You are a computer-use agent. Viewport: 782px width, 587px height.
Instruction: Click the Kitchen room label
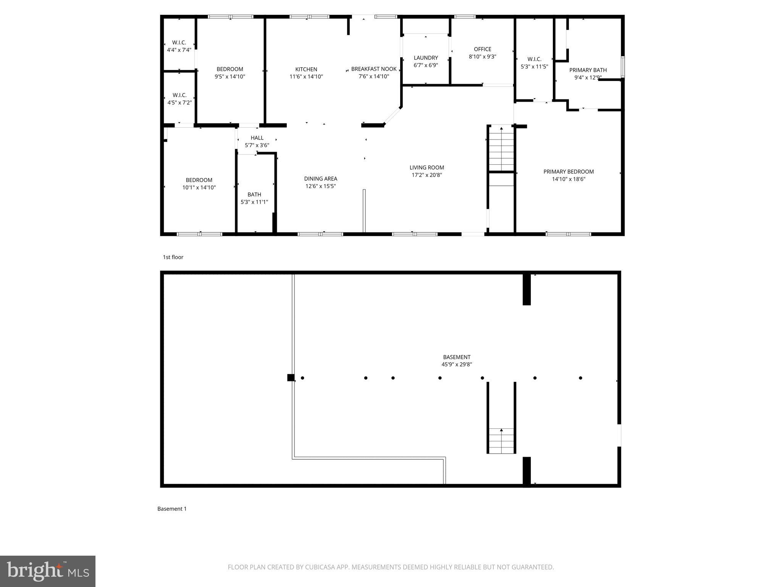pyautogui.click(x=306, y=70)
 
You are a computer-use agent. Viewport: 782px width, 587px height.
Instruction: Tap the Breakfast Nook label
pyautogui.click(x=373, y=69)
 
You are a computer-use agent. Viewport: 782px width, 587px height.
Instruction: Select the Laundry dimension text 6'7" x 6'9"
pyautogui.click(x=426, y=65)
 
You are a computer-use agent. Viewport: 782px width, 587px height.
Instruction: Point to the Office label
pyautogui.click(x=482, y=49)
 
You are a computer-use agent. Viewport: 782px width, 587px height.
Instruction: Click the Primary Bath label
pyautogui.click(x=588, y=70)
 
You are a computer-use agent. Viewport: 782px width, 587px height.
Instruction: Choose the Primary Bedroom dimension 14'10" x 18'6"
pyautogui.click(x=568, y=179)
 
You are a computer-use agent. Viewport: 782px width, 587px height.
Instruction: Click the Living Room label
pyautogui.click(x=427, y=168)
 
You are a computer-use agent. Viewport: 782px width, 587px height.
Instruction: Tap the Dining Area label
pyautogui.click(x=320, y=179)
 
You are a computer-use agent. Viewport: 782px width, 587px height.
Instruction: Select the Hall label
pyautogui.click(x=257, y=138)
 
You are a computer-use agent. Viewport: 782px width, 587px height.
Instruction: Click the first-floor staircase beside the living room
pyautogui.click(x=501, y=149)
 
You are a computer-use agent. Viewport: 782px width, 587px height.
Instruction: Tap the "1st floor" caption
pyautogui.click(x=173, y=257)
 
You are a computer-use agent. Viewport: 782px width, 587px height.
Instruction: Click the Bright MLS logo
pyautogui.click(x=48, y=571)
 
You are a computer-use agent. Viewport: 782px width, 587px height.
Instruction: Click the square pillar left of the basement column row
pyautogui.click(x=291, y=378)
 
